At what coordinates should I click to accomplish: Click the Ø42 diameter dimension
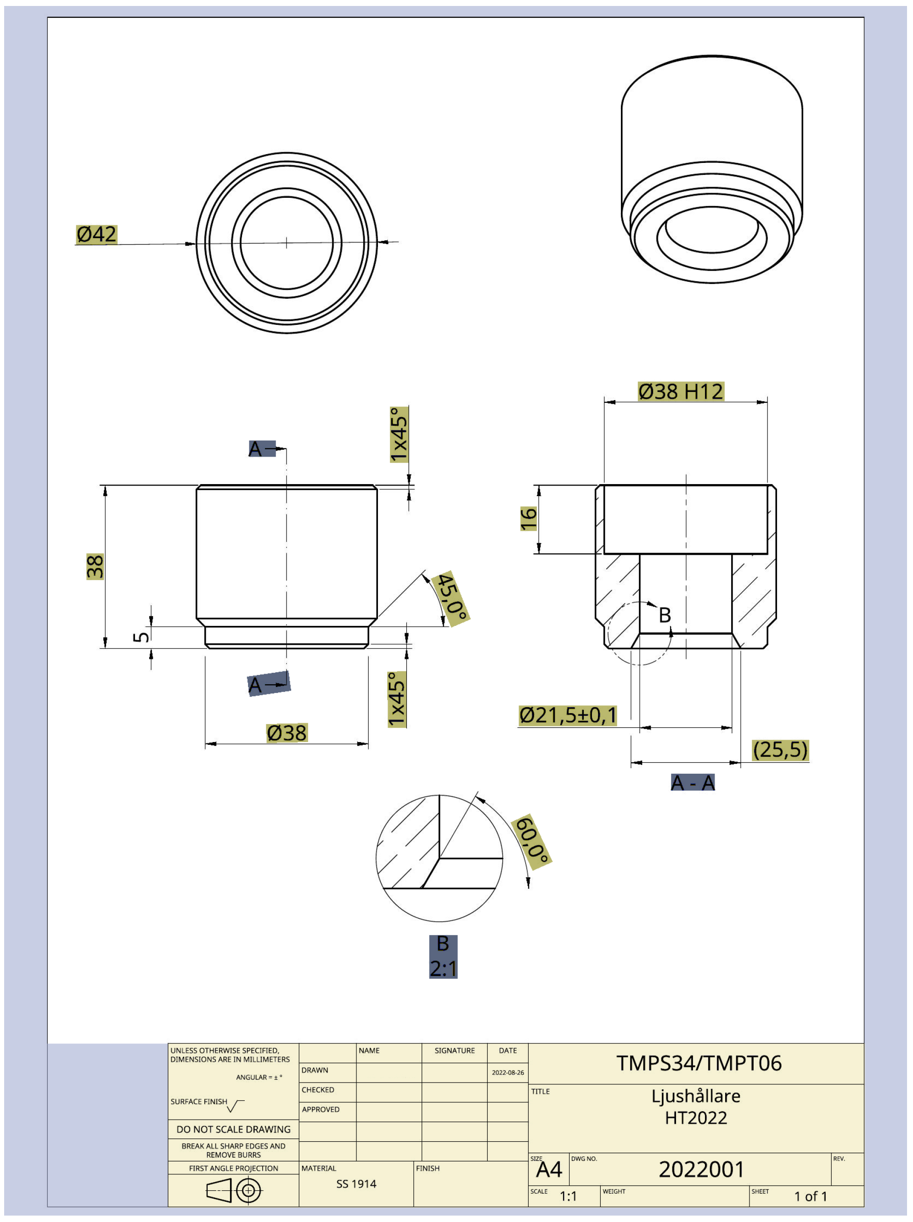tap(96, 234)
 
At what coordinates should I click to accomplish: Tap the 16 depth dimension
tap(528, 519)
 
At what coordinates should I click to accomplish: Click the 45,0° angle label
tap(451, 598)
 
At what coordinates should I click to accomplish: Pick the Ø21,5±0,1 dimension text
tap(568, 715)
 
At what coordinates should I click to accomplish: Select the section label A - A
tap(693, 782)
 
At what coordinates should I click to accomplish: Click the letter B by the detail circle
tap(665, 614)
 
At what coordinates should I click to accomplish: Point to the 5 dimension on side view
tap(141, 636)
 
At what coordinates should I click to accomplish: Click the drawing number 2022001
tap(701, 1169)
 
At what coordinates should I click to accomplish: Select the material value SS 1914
tap(356, 1183)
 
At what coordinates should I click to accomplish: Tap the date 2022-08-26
tap(507, 1072)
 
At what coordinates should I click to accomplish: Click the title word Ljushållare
tap(695, 1095)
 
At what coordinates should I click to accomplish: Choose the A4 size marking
tap(548, 1169)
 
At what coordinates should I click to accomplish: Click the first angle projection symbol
tap(234, 1190)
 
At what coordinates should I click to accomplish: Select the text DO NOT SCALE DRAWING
tap(233, 1129)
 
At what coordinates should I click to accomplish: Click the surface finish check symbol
tap(235, 1105)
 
